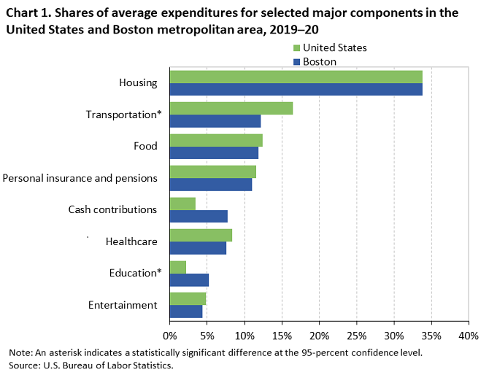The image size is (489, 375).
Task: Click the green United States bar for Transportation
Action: point(231,108)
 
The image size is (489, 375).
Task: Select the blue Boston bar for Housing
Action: point(296,89)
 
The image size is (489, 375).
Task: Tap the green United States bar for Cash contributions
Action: point(182,204)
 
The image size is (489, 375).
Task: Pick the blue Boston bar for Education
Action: point(189,279)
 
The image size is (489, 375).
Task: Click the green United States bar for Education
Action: point(177,267)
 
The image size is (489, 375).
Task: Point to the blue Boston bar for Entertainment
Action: point(185,312)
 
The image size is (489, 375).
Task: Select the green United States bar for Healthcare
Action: point(201,235)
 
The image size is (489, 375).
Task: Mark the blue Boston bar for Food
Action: point(214,152)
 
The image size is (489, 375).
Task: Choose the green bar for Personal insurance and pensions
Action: point(212,171)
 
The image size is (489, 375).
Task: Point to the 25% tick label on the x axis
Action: point(356,336)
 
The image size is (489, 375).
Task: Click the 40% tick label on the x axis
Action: point(468,336)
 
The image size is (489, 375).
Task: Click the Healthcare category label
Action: point(131,241)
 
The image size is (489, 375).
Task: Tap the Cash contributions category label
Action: point(112,209)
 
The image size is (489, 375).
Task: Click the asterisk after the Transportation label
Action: point(158,113)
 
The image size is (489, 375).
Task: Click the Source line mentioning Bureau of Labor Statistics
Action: point(91,366)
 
